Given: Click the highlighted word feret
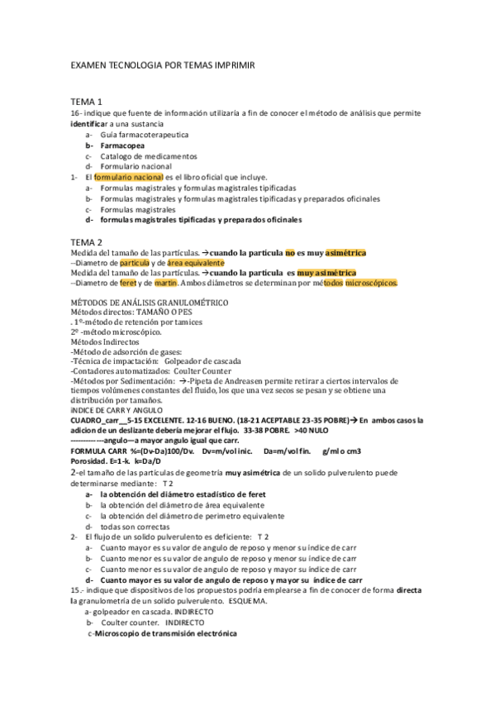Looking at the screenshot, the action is pos(127,283).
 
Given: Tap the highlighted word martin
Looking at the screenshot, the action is pos(165,283).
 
